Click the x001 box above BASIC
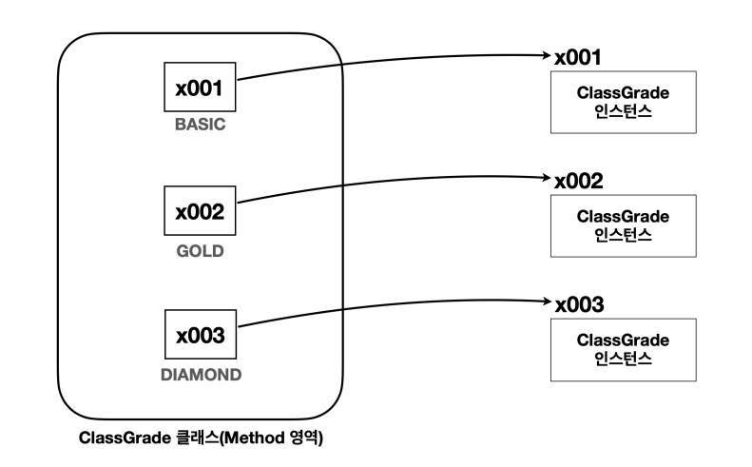[199, 89]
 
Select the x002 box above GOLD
[199, 213]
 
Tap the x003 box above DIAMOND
[199, 336]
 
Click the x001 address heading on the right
[578, 57]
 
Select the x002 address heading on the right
[578, 181]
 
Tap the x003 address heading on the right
[578, 304]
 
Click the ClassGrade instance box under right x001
[623, 102]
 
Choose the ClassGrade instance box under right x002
[623, 224]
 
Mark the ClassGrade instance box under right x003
[623, 348]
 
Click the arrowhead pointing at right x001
[546, 55]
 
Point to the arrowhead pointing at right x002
[546, 178]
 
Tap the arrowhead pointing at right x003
[546, 302]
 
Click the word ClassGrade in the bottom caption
[122, 438]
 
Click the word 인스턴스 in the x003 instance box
[623, 357]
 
